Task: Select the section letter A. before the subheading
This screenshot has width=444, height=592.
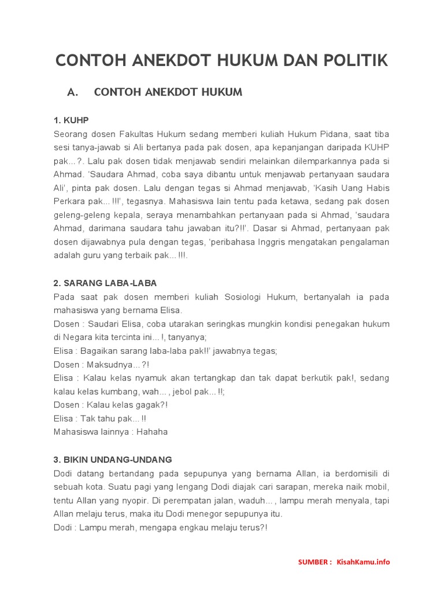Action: point(72,92)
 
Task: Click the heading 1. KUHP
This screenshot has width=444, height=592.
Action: point(71,120)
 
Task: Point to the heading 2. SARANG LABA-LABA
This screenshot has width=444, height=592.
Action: point(105,283)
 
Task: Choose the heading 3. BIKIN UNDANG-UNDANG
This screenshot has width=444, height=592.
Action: point(113,460)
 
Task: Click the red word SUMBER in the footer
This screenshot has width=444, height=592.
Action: point(314,561)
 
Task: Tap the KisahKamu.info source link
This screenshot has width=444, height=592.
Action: point(364,561)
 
